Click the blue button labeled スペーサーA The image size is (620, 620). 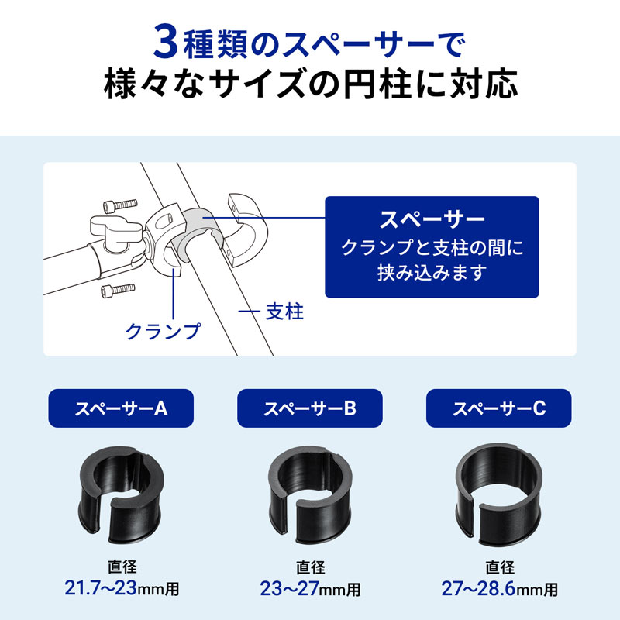point(121,408)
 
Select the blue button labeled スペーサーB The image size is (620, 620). point(309,408)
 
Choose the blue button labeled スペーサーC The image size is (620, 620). point(499,408)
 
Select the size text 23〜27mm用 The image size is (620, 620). point(309,588)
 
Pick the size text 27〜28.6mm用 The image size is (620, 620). point(499,588)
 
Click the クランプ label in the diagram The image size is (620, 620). point(163,331)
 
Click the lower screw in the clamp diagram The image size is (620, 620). point(114,291)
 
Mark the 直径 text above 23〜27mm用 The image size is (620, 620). point(309,567)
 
